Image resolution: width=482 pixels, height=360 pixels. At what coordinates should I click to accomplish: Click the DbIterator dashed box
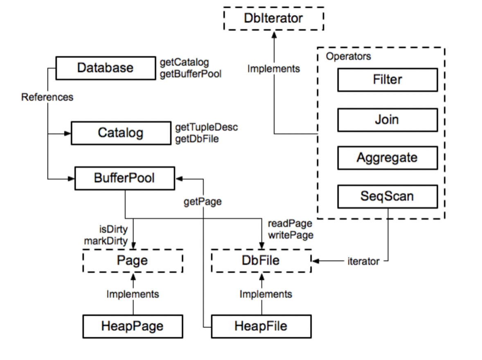click(x=274, y=18)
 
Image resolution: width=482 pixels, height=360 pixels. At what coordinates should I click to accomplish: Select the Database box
click(x=106, y=68)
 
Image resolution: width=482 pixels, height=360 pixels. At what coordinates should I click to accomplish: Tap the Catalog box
click(x=121, y=133)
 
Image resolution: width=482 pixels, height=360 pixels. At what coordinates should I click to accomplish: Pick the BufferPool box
click(x=124, y=178)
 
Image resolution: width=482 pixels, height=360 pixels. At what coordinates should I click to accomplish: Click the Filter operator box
click(x=387, y=79)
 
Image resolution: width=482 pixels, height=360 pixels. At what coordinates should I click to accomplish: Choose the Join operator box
click(x=387, y=120)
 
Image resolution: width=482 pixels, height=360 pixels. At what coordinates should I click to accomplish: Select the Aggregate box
click(x=387, y=158)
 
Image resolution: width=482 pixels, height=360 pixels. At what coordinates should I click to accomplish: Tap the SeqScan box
click(x=387, y=196)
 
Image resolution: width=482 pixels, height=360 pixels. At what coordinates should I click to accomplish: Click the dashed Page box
click(x=132, y=261)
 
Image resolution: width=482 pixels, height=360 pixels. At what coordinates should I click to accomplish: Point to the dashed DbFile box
click(x=261, y=261)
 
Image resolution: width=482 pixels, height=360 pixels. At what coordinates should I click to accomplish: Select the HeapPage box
click(x=132, y=326)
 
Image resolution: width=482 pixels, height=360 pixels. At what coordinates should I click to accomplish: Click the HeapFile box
click(x=261, y=326)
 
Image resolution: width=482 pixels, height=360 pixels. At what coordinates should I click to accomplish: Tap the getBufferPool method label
click(x=191, y=74)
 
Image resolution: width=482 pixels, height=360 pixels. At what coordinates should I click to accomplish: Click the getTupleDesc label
click(x=207, y=127)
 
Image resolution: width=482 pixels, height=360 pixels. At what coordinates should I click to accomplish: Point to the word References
click(x=47, y=97)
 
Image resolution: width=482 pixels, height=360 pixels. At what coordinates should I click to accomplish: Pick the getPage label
click(x=203, y=201)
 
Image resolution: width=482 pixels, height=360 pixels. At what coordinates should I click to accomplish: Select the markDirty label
click(x=106, y=241)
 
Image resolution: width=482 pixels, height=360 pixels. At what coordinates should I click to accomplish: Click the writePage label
click(x=291, y=235)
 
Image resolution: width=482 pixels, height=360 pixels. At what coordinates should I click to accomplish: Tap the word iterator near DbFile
click(x=363, y=261)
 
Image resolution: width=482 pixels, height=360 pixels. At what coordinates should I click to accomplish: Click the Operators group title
click(x=348, y=56)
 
